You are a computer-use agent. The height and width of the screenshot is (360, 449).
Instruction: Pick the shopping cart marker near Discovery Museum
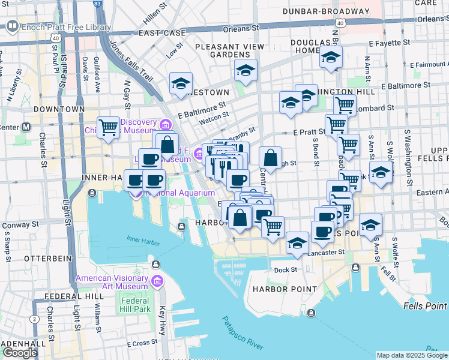click(x=108, y=127)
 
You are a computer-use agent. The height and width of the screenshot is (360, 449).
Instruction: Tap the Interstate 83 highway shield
click(x=97, y=4)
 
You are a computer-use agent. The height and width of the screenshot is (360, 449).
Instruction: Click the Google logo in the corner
click(x=19, y=353)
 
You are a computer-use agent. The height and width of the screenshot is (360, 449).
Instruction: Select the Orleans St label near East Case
click(x=241, y=27)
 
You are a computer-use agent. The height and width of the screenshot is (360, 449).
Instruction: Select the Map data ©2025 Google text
click(x=411, y=355)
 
